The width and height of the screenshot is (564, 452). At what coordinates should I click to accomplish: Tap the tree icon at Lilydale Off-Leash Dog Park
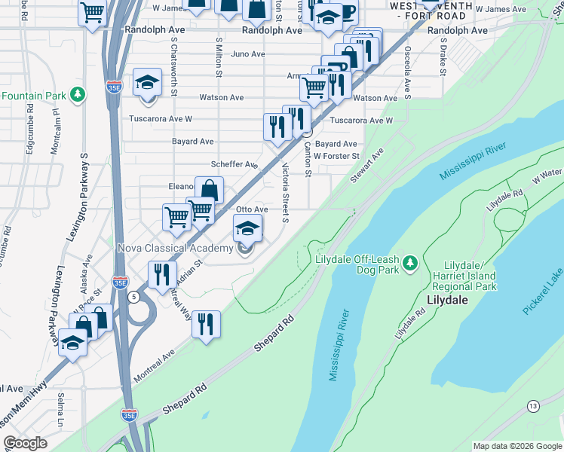(410, 263)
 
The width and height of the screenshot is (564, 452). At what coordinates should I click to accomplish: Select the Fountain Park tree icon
(77, 95)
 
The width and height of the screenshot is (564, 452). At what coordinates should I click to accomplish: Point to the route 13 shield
(534, 407)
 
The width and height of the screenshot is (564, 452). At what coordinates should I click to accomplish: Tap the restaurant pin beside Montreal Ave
(206, 325)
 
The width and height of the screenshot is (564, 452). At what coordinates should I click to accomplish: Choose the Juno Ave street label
(248, 54)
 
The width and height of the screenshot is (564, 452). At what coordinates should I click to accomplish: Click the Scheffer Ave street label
(234, 164)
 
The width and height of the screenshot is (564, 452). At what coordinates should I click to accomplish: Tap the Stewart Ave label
(367, 164)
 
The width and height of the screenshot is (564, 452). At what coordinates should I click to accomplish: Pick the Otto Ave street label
(252, 209)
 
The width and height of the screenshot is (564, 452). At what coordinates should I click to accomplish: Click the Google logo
(25, 443)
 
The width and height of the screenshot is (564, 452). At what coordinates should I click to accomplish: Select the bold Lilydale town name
(448, 299)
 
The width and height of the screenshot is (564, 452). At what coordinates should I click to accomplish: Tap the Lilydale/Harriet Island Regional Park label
(470, 276)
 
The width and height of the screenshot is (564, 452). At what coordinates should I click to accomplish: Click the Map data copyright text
(516, 446)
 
